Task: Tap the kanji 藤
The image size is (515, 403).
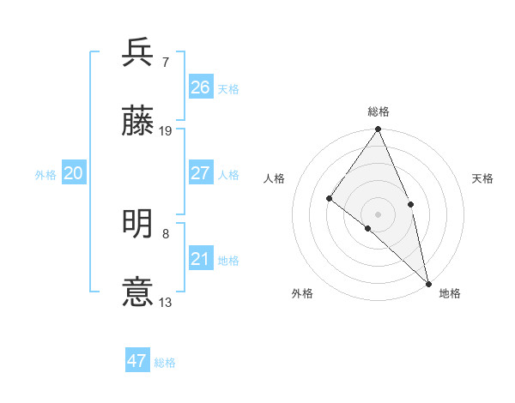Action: [x=138, y=121]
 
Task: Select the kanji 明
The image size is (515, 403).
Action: [x=138, y=225]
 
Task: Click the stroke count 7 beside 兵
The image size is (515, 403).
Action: [x=166, y=62]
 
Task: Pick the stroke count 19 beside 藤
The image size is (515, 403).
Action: [x=166, y=131]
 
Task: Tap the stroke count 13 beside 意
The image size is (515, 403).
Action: [x=166, y=303]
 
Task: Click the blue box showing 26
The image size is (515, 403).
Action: [x=201, y=87]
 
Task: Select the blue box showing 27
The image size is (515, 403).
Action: [x=201, y=173]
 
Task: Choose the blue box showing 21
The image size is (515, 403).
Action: [x=201, y=259]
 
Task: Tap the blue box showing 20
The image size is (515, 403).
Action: [x=74, y=173]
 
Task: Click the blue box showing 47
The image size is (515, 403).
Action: [x=137, y=361]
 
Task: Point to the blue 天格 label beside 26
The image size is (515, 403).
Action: [x=228, y=88]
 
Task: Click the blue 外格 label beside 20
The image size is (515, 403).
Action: [x=45, y=175]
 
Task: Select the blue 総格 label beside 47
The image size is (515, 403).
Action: [x=165, y=363]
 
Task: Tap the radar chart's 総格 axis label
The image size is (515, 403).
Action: [x=379, y=111]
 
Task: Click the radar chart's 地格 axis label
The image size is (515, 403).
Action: [x=450, y=293]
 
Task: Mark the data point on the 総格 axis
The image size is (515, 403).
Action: [x=379, y=129]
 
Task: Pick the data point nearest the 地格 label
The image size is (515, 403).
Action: [x=427, y=282]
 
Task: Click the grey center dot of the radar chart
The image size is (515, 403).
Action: [x=379, y=213]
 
